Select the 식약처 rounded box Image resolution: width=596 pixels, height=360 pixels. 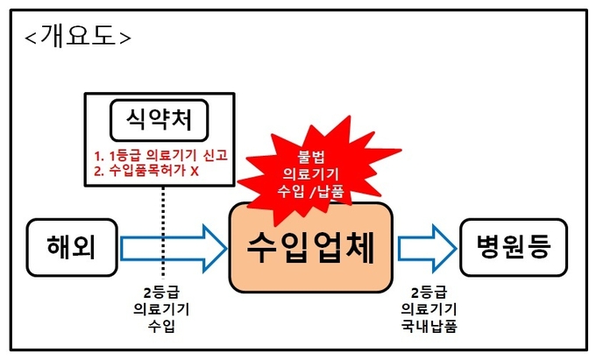159,122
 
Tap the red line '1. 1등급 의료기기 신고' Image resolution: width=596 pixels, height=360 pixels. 160,156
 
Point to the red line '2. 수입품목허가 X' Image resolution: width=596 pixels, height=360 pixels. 147,172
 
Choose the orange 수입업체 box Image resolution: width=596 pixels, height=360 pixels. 311,248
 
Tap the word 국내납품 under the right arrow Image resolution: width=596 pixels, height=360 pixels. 428,327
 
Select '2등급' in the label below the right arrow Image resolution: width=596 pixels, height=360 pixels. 428,291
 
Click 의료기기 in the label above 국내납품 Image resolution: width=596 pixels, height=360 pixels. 428,308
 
